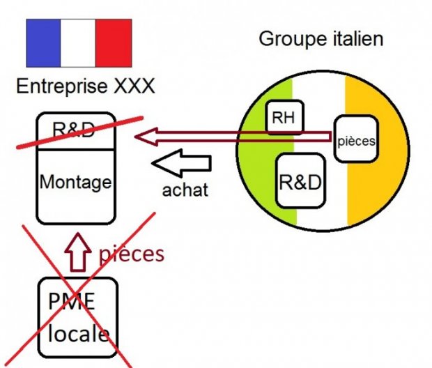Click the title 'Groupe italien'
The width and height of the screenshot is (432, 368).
(321, 38)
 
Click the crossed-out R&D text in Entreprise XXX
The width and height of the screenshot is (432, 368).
(75, 130)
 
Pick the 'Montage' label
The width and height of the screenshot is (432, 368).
(75, 183)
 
